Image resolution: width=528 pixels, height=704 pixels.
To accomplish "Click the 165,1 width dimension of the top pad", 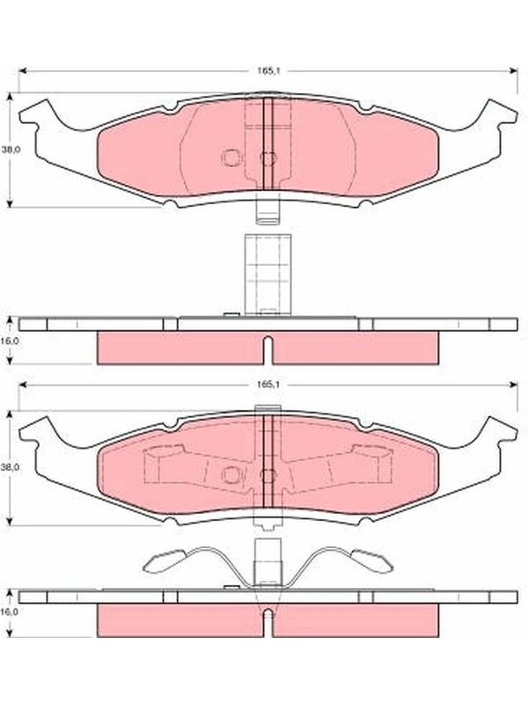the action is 269,71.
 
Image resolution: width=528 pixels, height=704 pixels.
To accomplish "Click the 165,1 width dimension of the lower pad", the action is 269,385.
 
